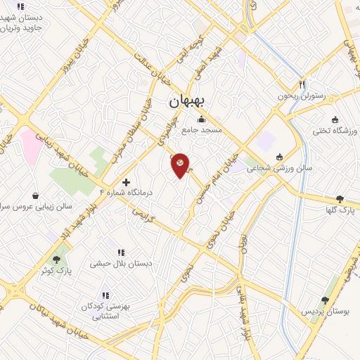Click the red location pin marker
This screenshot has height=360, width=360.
(x=181, y=165)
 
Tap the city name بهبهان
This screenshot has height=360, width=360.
(x=186, y=101)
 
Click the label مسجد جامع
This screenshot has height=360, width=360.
(x=202, y=130)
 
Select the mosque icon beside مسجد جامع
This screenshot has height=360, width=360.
(x=202, y=119)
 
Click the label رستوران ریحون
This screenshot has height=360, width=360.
(x=302, y=96)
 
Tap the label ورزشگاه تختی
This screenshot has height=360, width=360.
(x=335, y=131)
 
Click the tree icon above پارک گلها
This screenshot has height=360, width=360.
(x=340, y=199)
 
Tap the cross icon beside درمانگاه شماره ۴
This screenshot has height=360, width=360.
(x=126, y=181)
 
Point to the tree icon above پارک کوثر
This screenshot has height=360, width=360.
(x=56, y=258)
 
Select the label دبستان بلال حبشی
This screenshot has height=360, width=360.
(x=121, y=265)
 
